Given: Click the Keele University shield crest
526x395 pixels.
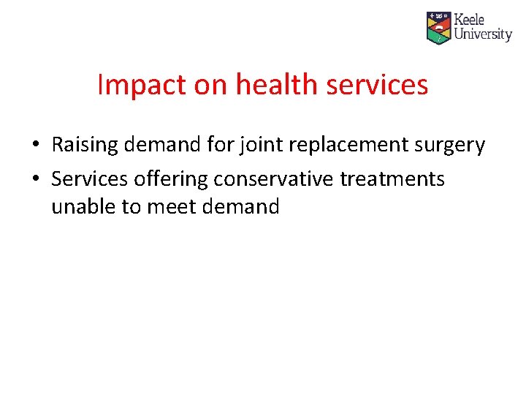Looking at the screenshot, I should (438, 28).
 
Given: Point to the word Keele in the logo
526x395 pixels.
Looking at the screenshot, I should (470, 20).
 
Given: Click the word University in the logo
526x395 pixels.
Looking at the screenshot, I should (483, 34).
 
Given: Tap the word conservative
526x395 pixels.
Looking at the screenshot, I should (274, 179).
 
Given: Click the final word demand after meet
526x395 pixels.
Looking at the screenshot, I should (242, 207).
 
